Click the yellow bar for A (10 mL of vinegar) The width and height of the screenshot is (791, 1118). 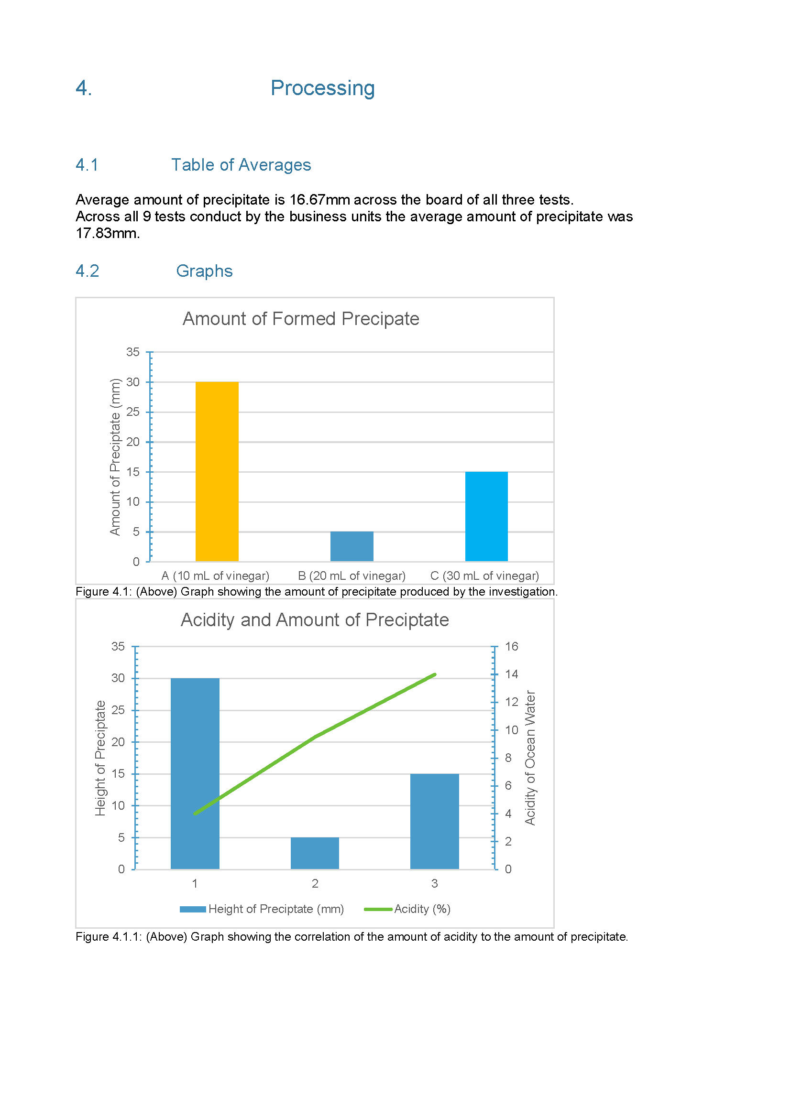[x=217, y=471]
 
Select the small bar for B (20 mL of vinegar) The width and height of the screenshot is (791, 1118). [x=352, y=546]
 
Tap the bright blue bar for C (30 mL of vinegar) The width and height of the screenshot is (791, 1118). [x=486, y=516]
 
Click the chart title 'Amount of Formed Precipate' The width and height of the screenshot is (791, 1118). [x=300, y=319]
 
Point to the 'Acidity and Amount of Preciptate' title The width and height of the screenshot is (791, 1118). [x=315, y=620]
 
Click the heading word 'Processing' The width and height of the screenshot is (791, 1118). [x=322, y=88]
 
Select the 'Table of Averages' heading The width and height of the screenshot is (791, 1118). [x=241, y=165]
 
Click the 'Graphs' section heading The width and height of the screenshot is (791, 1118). [x=204, y=271]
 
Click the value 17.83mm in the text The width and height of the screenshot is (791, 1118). [x=108, y=233]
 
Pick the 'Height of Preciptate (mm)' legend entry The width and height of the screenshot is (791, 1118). [x=262, y=909]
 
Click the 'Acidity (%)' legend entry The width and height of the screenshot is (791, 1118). [x=407, y=909]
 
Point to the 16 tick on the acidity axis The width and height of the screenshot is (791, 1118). [x=511, y=646]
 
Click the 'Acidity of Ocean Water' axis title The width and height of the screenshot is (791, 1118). [x=530, y=758]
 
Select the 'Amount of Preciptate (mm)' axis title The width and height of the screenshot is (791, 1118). [x=115, y=457]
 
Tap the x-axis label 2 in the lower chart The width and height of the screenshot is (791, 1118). [x=315, y=883]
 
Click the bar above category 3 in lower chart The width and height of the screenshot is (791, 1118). [x=434, y=822]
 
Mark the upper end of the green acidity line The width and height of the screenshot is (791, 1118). [x=435, y=674]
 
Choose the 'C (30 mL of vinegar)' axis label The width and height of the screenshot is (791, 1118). [x=484, y=575]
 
